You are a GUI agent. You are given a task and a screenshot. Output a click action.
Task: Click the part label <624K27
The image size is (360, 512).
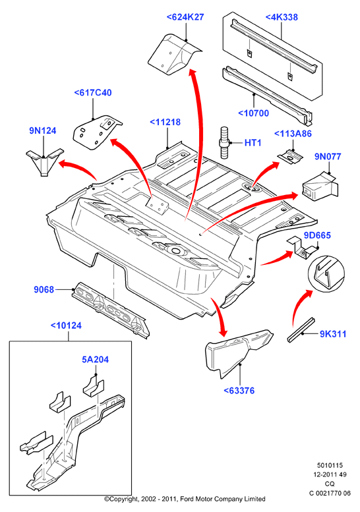click(185, 17)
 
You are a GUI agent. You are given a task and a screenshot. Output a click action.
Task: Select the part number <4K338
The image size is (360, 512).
click(282, 17)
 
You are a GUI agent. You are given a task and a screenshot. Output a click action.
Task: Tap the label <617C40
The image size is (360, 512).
click(93, 93)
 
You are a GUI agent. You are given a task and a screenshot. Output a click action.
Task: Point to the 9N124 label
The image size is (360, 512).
click(43, 130)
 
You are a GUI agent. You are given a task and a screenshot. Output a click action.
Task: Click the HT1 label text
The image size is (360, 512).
click(253, 143)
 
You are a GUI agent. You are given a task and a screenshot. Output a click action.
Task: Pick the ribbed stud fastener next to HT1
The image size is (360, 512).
click(224, 143)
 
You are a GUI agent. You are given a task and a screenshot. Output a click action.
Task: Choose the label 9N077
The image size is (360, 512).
click(328, 156)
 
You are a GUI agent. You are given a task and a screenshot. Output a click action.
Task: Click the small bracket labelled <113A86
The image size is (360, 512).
click(290, 156)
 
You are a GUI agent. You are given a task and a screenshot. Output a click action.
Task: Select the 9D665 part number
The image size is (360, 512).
click(317, 235)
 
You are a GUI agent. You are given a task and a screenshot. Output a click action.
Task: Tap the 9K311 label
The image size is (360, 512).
click(333, 333)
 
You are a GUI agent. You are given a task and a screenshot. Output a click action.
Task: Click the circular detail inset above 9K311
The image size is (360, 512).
click(326, 272)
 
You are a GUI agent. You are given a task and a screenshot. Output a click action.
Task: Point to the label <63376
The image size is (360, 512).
click(239, 390)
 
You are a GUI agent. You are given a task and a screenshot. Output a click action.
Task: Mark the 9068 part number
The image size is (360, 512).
click(44, 290)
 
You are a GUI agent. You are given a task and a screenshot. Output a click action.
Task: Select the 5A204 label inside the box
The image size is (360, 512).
click(96, 360)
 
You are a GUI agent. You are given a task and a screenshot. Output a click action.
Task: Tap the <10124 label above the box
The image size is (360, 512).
click(67, 326)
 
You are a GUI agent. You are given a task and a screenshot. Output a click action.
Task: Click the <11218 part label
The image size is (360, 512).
click(165, 122)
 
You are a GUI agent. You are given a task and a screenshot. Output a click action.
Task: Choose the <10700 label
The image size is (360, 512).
click(253, 113)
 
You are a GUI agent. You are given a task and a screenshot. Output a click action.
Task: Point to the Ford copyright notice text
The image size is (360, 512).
click(185, 499)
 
